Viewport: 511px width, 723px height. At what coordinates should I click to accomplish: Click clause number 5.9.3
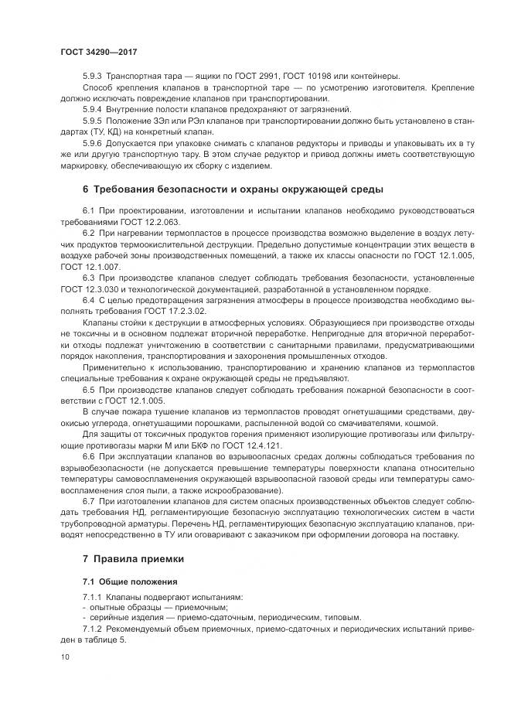click(92, 76)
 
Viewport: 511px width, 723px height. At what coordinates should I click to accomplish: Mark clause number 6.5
click(88, 389)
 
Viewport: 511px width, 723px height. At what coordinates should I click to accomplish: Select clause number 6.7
click(88, 502)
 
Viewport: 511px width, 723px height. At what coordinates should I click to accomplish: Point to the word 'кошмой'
click(418, 423)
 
